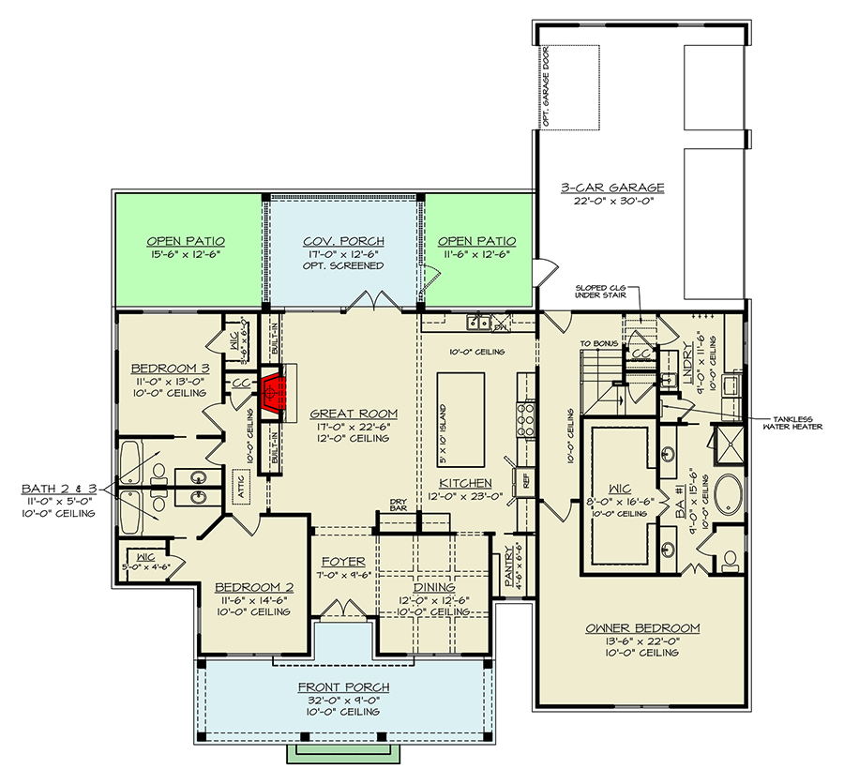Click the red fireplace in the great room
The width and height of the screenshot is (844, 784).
(273, 395)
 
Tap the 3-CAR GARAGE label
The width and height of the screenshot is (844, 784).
(646, 188)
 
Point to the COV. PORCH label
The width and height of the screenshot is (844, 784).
(342, 241)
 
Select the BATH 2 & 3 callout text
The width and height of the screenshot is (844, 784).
(56, 489)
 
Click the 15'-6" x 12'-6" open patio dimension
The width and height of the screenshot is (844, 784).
(186, 254)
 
